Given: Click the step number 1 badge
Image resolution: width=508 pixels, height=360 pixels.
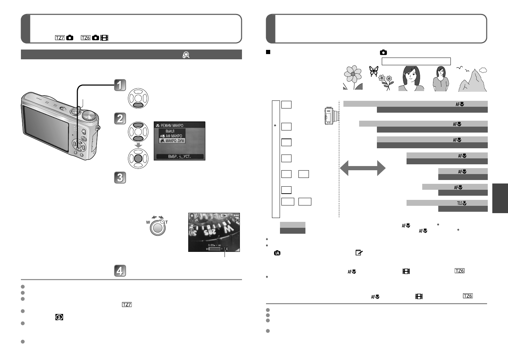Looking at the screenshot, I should click(120, 85).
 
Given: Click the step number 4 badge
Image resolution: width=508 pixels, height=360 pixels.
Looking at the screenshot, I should click(120, 271).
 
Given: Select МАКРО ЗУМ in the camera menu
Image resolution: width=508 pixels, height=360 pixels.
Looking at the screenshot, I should click(172, 141).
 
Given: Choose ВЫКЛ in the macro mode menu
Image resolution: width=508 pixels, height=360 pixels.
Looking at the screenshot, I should click(170, 131).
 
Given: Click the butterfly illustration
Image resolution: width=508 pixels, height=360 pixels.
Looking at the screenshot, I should click(373, 71).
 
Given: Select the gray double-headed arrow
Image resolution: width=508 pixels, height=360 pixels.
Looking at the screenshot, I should click(363, 168).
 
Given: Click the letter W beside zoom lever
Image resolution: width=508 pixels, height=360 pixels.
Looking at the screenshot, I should click(148, 222).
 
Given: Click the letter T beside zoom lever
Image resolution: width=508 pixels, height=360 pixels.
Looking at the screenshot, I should click(167, 222).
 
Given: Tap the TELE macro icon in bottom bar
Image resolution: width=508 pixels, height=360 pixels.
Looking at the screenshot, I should click(462, 203).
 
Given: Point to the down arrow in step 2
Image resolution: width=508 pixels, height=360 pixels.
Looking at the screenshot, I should click(138, 145).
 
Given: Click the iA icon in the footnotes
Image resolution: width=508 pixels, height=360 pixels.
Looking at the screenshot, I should click(277, 253).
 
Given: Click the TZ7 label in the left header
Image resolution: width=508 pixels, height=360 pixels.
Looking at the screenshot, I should click(60, 38).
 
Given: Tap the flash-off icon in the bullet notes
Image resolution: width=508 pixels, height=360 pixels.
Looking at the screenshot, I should click(59, 317).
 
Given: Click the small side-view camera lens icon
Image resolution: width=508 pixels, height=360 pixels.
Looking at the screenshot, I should click(330, 116).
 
